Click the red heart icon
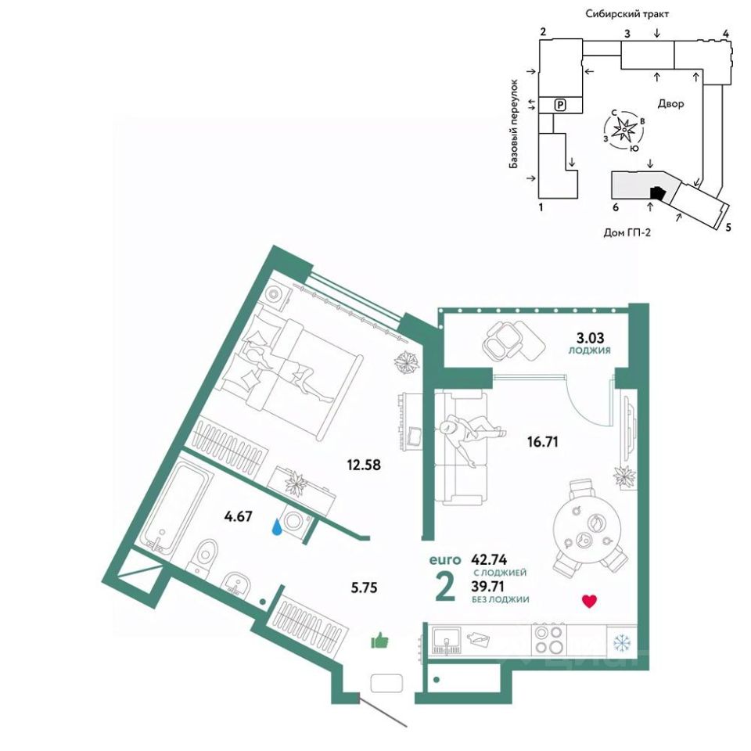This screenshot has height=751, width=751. click(591, 602)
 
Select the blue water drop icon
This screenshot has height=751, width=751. click(278, 528)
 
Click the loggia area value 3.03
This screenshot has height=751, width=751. click(591, 339)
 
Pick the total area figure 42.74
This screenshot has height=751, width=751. click(491, 560)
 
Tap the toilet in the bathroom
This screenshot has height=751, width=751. click(206, 556)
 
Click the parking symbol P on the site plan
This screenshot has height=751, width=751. click(559, 104)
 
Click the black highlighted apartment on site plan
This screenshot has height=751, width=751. click(656, 192)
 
